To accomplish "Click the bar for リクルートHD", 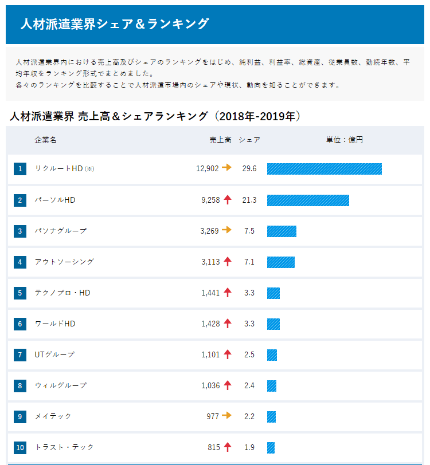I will tap(324, 168).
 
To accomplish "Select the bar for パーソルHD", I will tap(308, 200).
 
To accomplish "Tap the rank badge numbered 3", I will tap(20, 231).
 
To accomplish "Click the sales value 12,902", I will tap(207, 168).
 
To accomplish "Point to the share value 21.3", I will tap(249, 200).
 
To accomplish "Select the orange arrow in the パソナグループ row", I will tap(227, 230).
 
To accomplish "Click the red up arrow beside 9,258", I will tap(228, 200).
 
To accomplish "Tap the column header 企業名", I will tap(45, 140).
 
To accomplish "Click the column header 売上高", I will tap(220, 140).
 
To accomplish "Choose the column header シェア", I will tap(249, 140).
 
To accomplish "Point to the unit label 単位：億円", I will tap(345, 140).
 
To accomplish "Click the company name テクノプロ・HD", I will tap(62, 293).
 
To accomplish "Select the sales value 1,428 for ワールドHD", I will tap(210, 324).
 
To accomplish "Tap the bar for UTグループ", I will tap(272, 354).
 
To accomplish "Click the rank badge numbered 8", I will tap(20, 385).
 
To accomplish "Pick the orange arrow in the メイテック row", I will tap(227, 416).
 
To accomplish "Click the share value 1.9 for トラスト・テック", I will tap(249, 447).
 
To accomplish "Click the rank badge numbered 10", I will tap(20, 447).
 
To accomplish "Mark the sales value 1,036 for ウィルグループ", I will tap(210, 385).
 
